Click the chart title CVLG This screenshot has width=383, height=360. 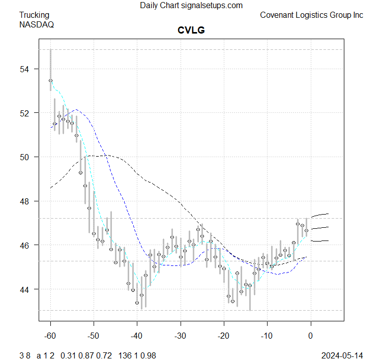click(x=191, y=31)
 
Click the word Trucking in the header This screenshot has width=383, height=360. click(x=35, y=15)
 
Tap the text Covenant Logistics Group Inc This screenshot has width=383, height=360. click(x=311, y=15)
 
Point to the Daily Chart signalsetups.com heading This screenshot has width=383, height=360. click(x=191, y=6)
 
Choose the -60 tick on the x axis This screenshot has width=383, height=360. click(x=50, y=336)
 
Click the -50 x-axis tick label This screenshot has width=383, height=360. click(x=94, y=336)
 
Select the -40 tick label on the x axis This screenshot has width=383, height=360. click(x=137, y=336)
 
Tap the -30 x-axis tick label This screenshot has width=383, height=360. click(x=180, y=336)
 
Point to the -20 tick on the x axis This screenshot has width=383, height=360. click(x=223, y=336)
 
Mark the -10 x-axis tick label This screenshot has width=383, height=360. click(x=267, y=336)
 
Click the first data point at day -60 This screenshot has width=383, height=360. click(x=50, y=80)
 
